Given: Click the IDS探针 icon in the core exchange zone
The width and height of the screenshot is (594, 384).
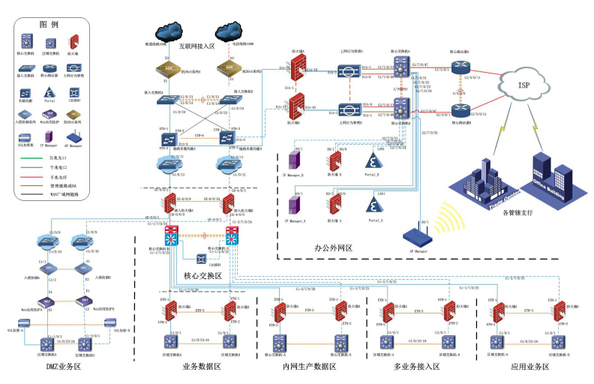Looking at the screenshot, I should (x=202, y=259).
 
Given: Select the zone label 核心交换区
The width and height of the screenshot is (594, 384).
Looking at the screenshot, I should (x=203, y=276).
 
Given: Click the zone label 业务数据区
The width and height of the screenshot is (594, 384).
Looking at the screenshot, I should (x=201, y=367).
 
